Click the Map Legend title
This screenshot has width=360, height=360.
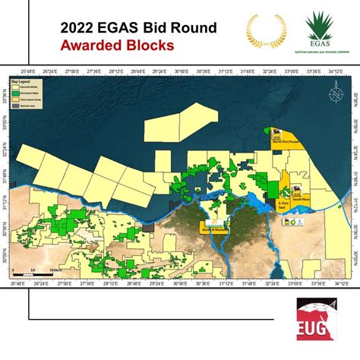point(21,80)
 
